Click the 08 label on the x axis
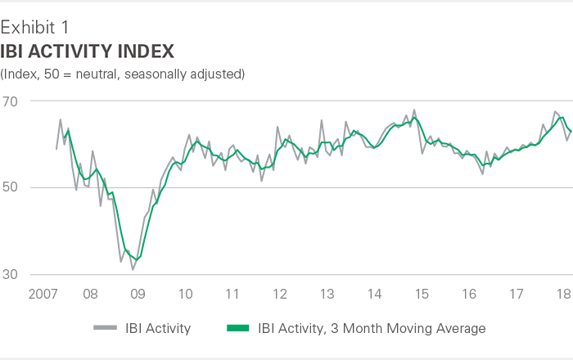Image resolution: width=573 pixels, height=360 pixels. pyautogui.click(x=90, y=294)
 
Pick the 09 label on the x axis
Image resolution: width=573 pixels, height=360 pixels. pyautogui.click(x=138, y=294)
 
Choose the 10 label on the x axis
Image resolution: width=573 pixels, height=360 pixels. pyautogui.click(x=185, y=294)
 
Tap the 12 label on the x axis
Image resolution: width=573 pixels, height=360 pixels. pyautogui.click(x=279, y=294)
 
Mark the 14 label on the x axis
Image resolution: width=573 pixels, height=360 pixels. pyautogui.click(x=374, y=294)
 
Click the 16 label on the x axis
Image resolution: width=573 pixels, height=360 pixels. pyautogui.click(x=469, y=294)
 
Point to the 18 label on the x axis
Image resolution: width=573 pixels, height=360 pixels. pyautogui.click(x=563, y=294)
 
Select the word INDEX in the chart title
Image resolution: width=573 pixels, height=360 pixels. pyautogui.click(x=142, y=52)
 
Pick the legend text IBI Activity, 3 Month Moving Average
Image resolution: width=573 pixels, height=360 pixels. pyautogui.click(x=372, y=329)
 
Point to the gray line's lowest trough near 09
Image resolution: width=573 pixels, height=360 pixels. pyautogui.click(x=133, y=269)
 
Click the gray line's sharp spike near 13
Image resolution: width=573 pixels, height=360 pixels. pyautogui.click(x=322, y=120)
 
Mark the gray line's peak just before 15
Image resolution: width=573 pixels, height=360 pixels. pyautogui.click(x=414, y=110)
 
